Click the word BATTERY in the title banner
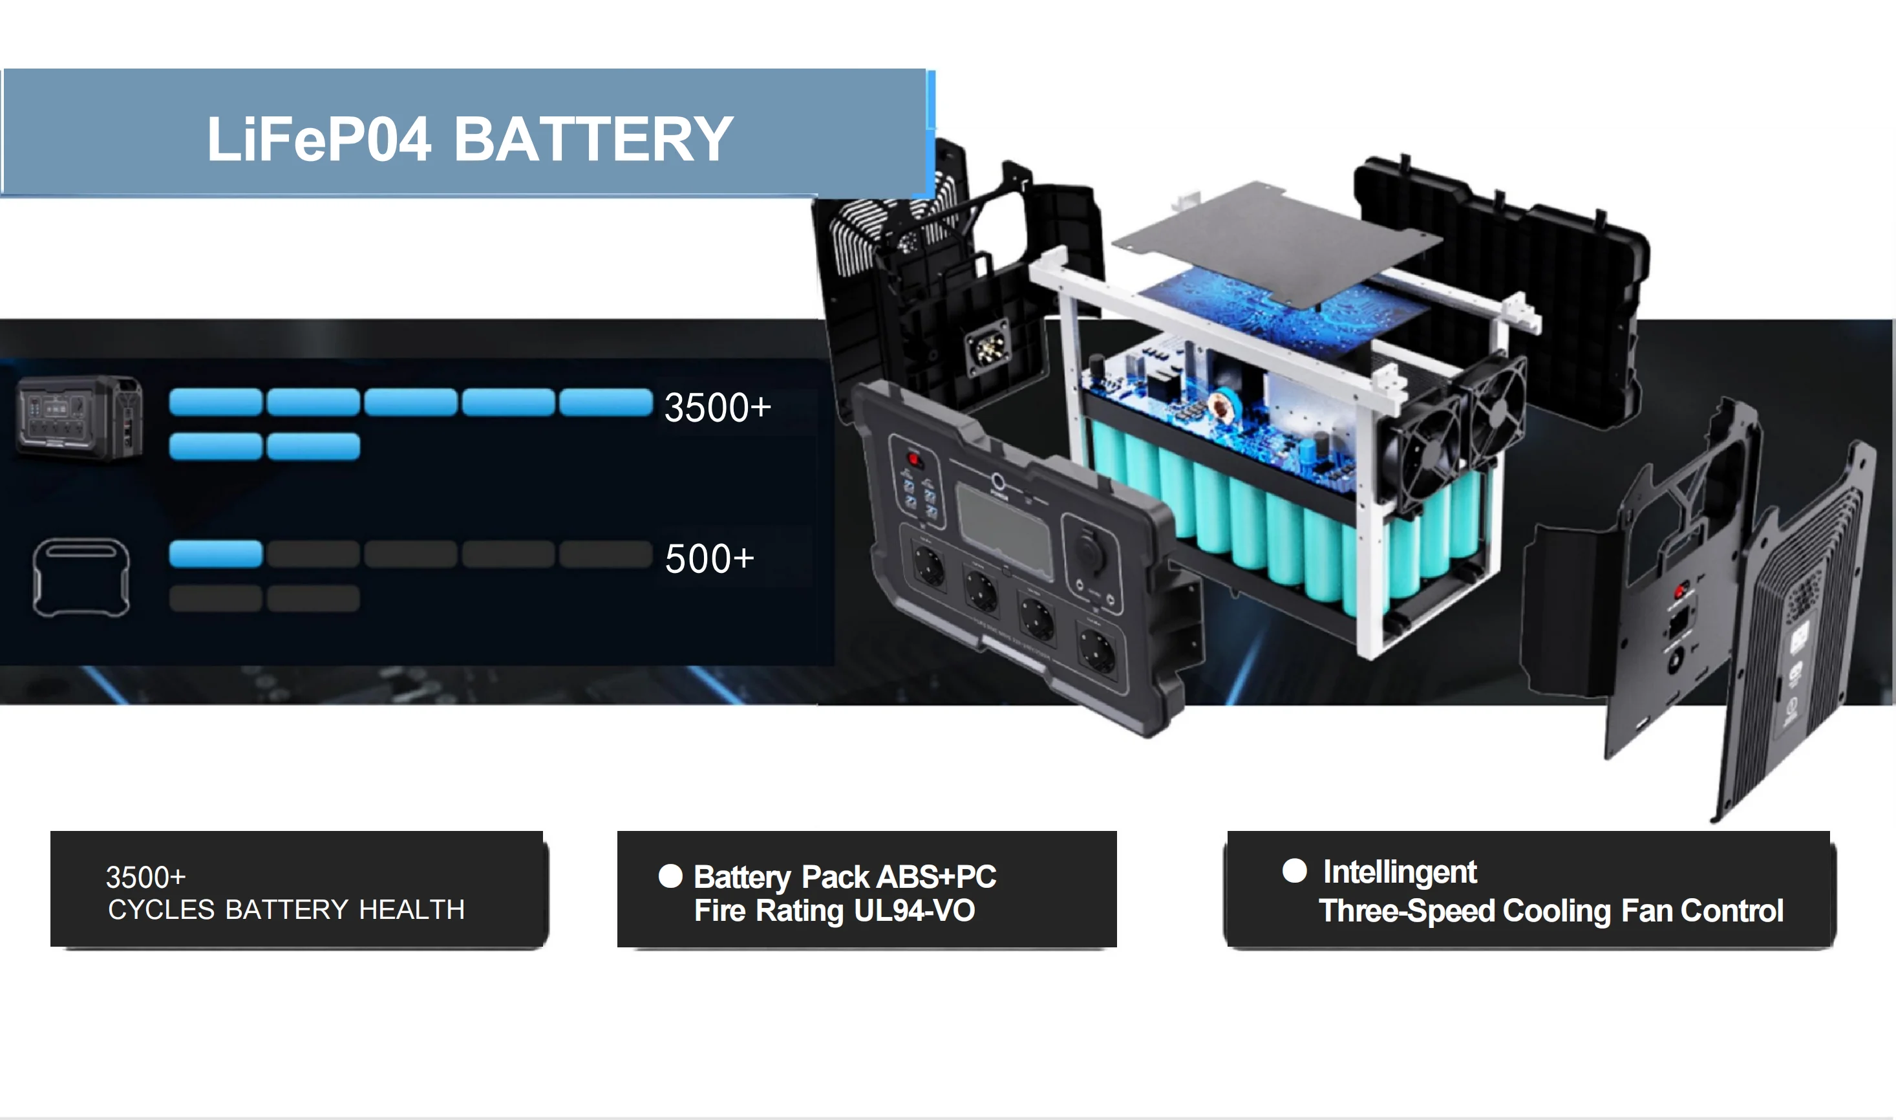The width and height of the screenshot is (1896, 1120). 593,140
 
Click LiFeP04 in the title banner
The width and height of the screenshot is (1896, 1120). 319,140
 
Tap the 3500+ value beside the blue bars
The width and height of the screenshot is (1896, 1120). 717,407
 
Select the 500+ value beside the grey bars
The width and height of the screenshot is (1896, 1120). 709,559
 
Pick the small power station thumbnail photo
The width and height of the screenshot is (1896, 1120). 80,417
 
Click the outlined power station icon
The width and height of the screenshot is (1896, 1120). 81,577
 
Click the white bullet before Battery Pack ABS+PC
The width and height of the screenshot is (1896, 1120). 670,876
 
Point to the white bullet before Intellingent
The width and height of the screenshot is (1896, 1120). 1294,870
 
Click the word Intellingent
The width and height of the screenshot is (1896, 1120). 1400,872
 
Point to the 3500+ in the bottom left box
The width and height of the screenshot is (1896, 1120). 145,877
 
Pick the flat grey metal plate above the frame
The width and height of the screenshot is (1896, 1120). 1275,241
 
